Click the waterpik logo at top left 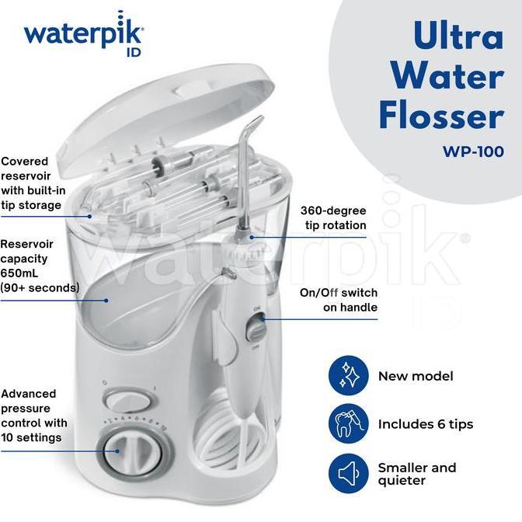coord(84,34)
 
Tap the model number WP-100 coord(473,151)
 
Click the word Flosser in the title coord(441,116)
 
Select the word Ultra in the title coord(458,35)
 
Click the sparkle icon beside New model coord(349,375)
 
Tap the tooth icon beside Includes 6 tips coord(349,423)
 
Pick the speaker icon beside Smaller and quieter coord(349,473)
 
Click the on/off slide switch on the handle coord(256,329)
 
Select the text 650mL coord(19,273)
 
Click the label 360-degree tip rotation coord(333,217)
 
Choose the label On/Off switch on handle coord(339,300)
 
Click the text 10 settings coord(31,437)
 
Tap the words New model coord(416,376)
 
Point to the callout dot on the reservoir coord(106,301)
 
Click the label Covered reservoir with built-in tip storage coord(33,183)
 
